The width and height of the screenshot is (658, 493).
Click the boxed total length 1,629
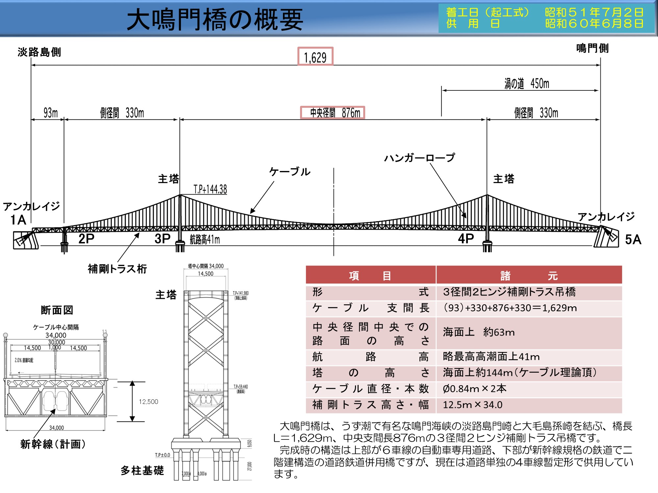click(315, 57)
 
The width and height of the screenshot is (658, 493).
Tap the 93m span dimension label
click(50, 113)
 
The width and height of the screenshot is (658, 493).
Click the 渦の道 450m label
click(526, 83)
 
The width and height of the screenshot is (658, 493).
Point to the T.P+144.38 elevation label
click(210, 189)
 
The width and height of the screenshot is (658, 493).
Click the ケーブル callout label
click(290, 172)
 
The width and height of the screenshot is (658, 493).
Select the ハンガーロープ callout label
click(419, 158)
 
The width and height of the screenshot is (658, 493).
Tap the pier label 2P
click(86, 239)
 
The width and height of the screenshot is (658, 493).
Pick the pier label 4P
click(466, 239)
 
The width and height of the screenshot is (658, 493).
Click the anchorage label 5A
click(633, 240)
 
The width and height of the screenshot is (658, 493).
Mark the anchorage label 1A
click(18, 220)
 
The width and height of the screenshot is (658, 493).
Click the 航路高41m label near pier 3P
click(205, 240)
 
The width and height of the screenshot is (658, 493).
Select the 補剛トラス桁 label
click(117, 269)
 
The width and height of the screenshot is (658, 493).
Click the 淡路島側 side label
click(39, 52)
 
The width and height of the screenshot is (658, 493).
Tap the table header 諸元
click(529, 275)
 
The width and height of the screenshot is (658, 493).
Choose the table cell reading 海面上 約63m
click(478, 332)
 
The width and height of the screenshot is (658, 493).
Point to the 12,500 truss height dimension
click(148, 402)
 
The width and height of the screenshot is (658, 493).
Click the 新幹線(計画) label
click(53, 444)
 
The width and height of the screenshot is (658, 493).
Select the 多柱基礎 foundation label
click(142, 471)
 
